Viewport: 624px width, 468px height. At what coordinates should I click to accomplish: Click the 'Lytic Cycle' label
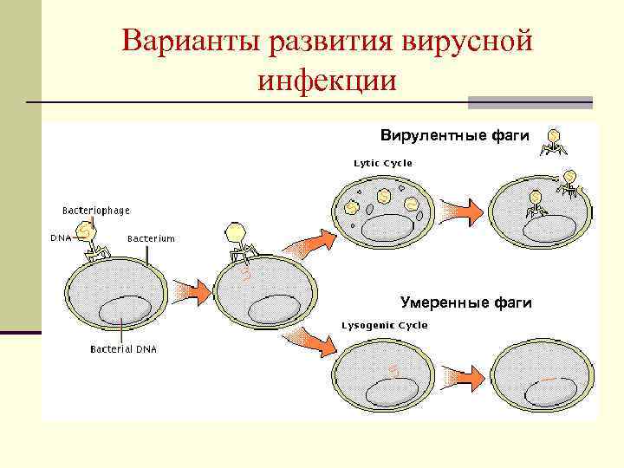point(382,163)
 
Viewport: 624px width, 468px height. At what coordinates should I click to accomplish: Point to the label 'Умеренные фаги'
point(465,302)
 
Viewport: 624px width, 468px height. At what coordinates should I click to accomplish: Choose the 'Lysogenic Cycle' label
point(385,325)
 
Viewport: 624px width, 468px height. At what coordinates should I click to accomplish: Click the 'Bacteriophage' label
point(96,211)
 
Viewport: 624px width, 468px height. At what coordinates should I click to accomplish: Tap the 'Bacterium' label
point(151,238)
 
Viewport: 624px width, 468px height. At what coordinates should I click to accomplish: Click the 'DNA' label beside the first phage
point(61,237)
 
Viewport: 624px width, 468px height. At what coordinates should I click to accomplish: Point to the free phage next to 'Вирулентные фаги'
point(553,142)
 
